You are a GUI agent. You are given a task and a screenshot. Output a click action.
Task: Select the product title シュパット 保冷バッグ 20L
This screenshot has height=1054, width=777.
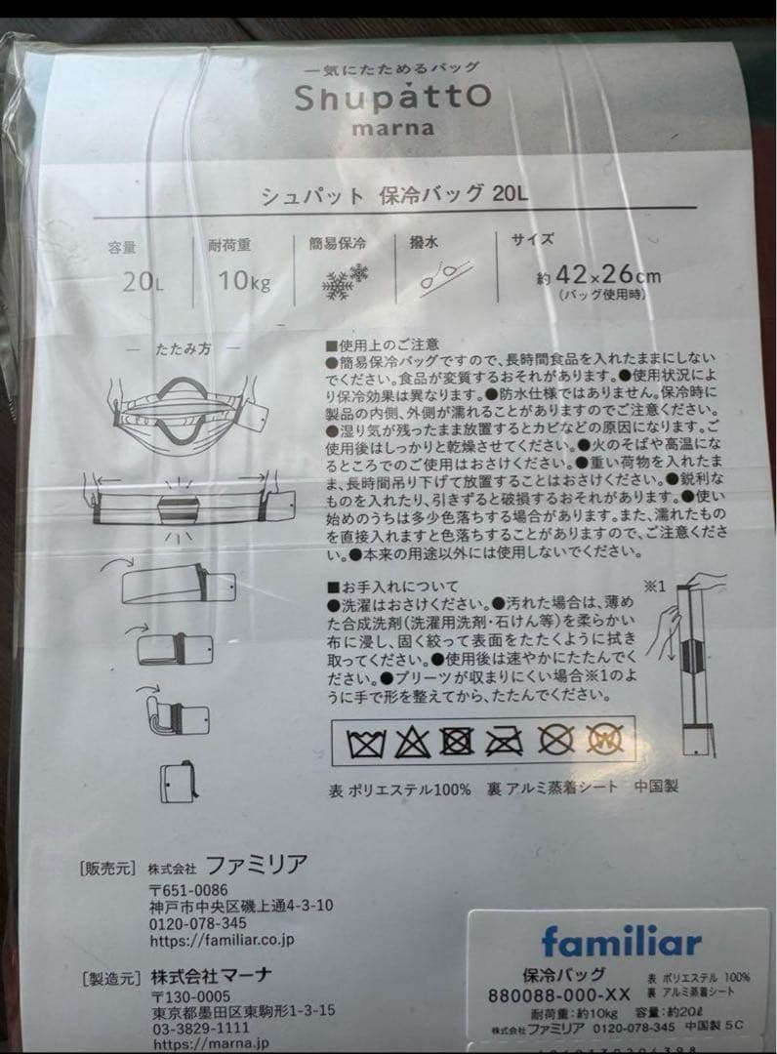point(394,193)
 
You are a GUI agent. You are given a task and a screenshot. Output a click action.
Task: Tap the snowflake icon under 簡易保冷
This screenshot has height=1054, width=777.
point(345,280)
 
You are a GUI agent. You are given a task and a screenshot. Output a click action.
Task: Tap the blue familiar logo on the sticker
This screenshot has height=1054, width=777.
point(621,942)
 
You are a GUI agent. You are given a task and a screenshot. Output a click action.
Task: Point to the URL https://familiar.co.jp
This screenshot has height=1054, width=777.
point(222,941)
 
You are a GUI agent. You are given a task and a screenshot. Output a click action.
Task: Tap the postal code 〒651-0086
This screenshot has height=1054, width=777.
point(188,889)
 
